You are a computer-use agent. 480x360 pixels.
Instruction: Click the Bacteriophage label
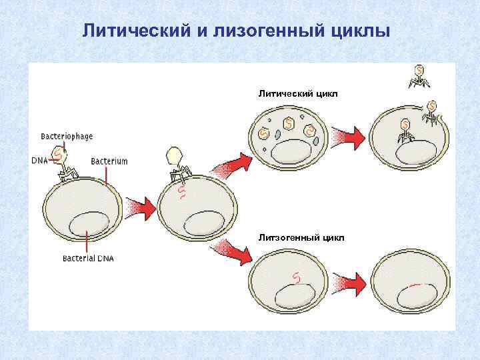click(67, 136)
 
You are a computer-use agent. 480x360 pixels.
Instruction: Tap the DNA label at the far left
click(40, 160)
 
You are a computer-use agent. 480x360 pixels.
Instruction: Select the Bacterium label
click(109, 161)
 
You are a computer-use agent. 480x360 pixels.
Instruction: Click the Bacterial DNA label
click(88, 259)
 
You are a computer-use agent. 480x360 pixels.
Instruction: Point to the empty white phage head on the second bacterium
click(174, 155)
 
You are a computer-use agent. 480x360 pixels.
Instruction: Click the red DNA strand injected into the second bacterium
click(181, 193)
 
